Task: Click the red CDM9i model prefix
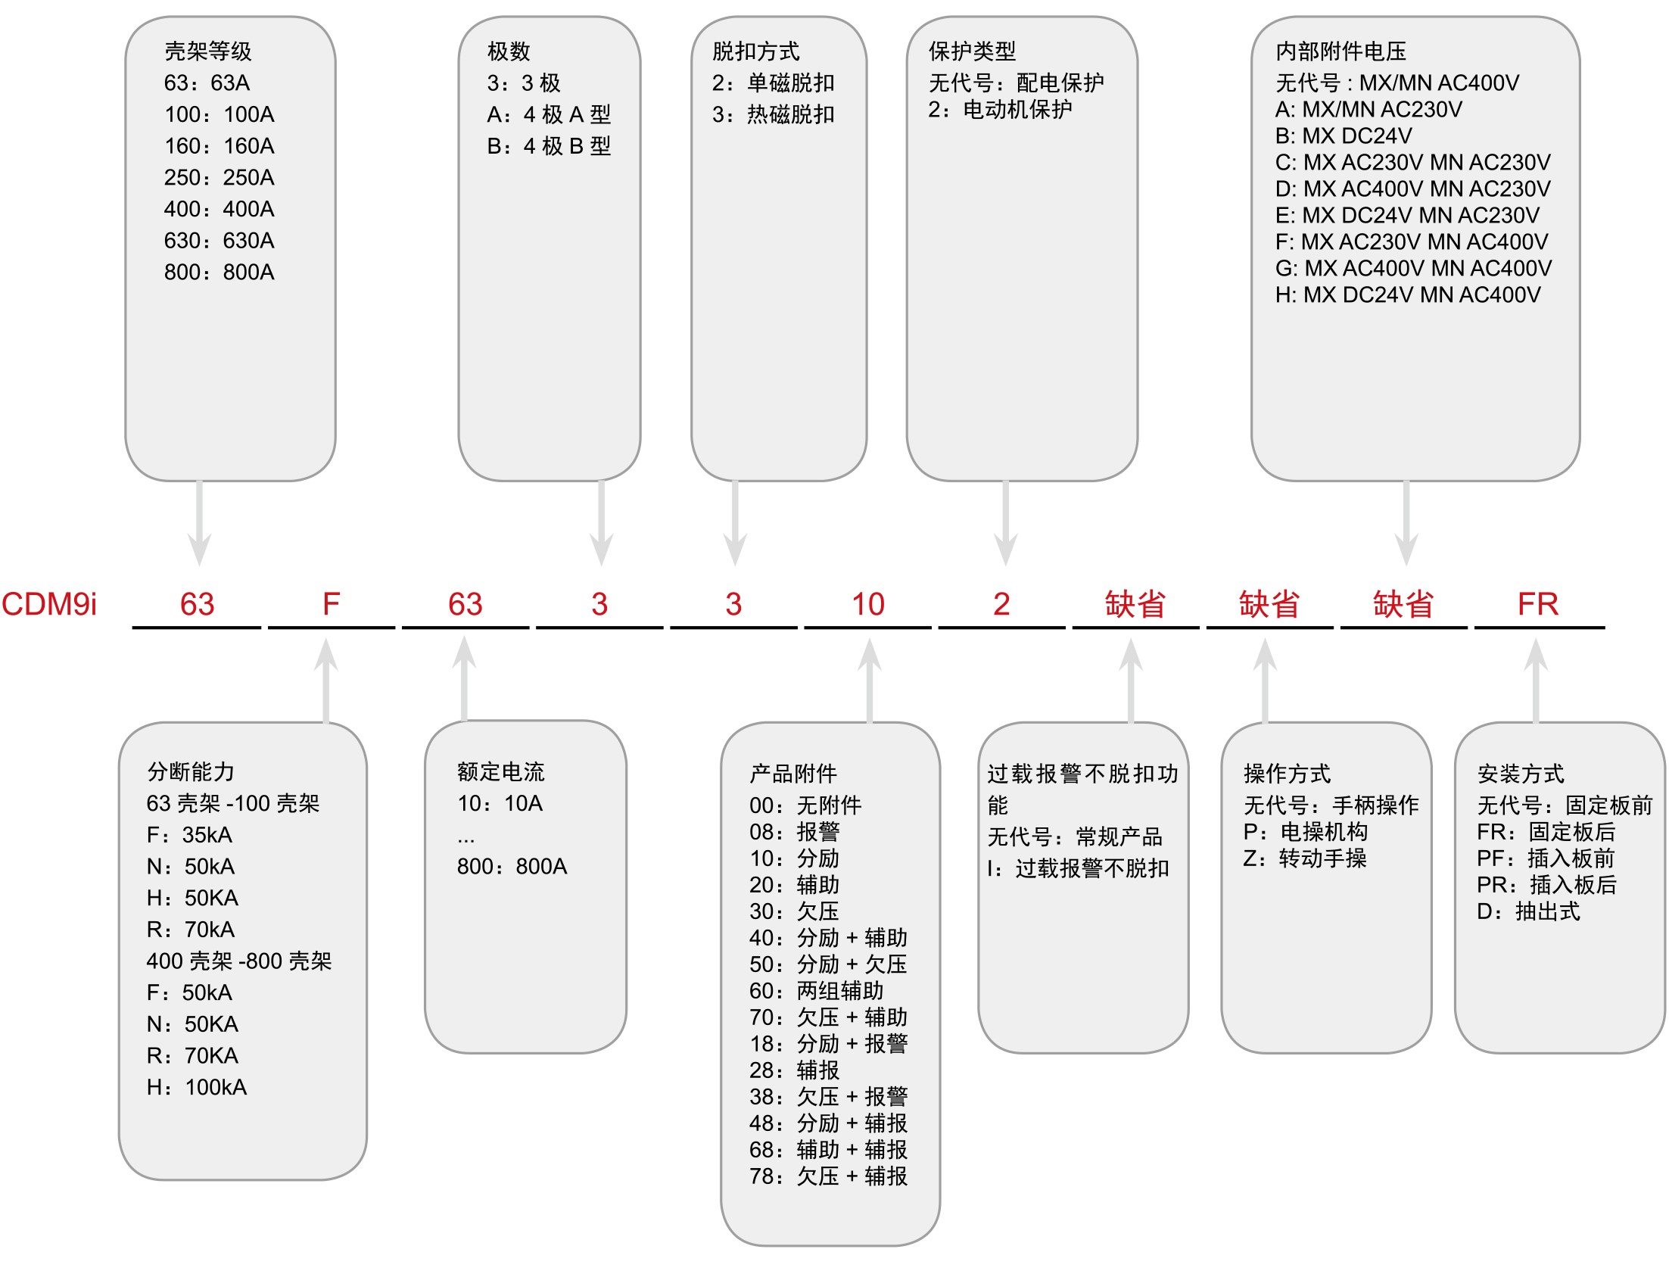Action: [50, 604]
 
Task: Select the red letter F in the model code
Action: [331, 604]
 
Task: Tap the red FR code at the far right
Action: [1537, 604]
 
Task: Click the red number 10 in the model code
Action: [867, 604]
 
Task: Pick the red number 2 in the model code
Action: [1001, 604]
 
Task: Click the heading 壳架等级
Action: [207, 51]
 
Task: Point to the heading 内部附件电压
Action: [1340, 51]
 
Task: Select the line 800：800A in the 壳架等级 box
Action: [220, 272]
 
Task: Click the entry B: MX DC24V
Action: [1344, 136]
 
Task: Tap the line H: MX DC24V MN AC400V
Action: [1408, 294]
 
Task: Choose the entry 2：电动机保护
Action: [1000, 110]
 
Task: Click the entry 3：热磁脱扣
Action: [773, 114]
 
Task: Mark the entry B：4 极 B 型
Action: [549, 146]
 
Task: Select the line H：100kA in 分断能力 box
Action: [197, 1087]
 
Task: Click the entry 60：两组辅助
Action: [816, 991]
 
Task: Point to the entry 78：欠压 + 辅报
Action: [828, 1176]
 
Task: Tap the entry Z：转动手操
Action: [1305, 858]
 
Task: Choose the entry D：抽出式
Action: [1528, 911]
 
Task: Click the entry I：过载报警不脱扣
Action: [1078, 868]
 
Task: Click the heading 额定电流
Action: [500, 772]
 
